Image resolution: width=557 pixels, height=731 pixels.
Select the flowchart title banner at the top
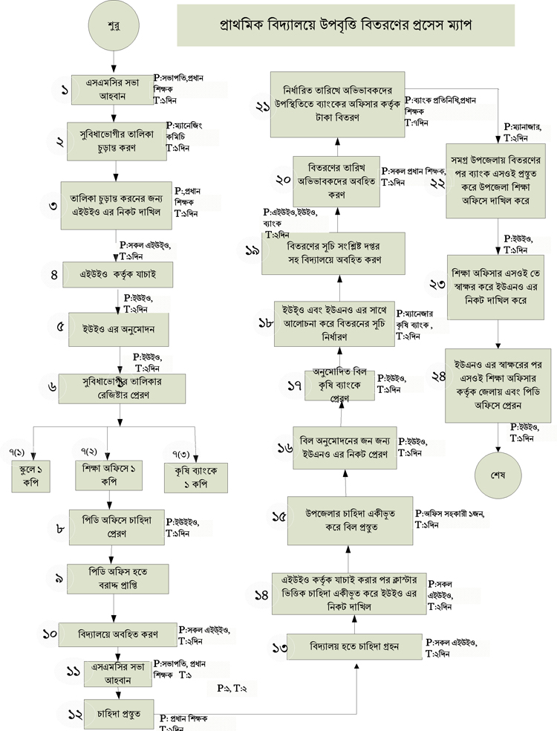coord(345,25)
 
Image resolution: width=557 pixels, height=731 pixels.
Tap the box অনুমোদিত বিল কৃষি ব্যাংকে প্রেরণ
coord(340,384)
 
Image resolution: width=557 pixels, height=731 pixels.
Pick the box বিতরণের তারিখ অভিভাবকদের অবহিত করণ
coord(338,181)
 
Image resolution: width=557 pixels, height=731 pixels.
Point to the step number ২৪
coord(439,376)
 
